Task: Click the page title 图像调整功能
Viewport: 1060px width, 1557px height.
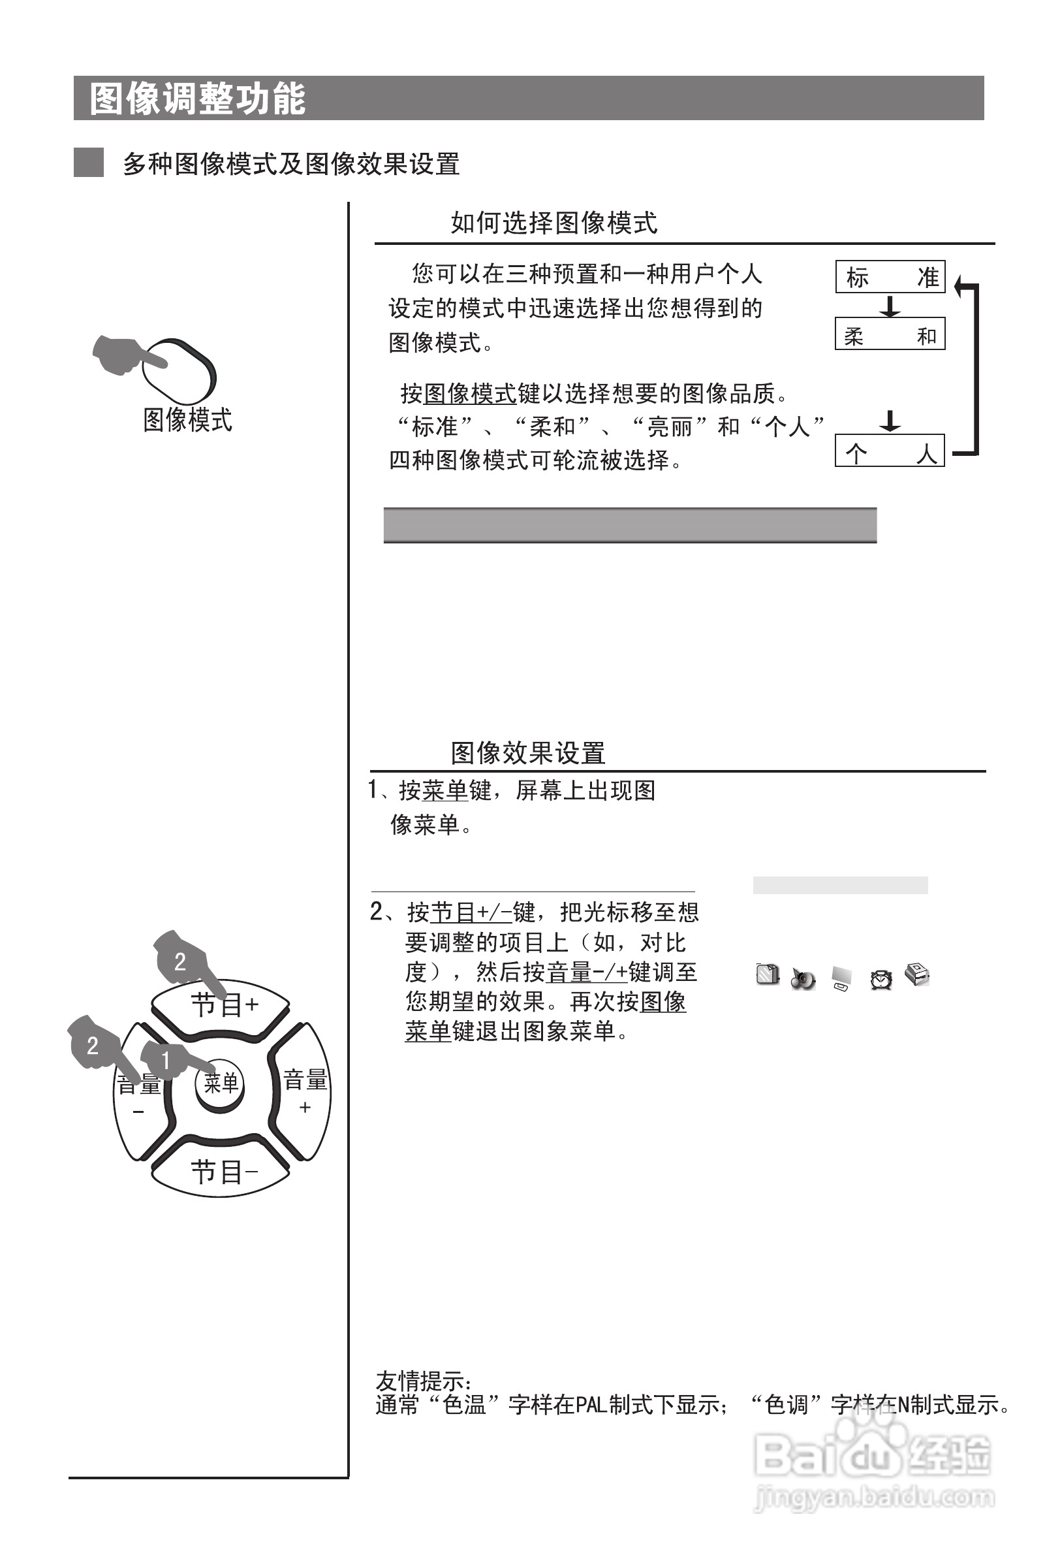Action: (198, 99)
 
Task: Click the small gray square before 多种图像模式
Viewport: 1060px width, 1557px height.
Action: (88, 163)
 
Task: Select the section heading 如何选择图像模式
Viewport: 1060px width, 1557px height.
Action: (553, 223)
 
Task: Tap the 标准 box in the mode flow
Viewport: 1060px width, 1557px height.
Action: (890, 277)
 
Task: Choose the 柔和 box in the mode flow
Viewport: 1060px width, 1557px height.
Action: (890, 334)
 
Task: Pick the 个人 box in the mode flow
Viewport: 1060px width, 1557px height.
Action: (890, 451)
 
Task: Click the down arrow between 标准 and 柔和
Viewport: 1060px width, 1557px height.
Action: (890, 306)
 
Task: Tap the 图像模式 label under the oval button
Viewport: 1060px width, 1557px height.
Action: (187, 420)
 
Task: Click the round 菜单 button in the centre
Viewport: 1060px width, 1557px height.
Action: (221, 1083)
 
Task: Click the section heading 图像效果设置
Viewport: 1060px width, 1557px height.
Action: (527, 753)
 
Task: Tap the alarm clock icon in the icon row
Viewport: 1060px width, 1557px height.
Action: (881, 980)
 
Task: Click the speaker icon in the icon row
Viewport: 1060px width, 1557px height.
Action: (803, 979)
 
